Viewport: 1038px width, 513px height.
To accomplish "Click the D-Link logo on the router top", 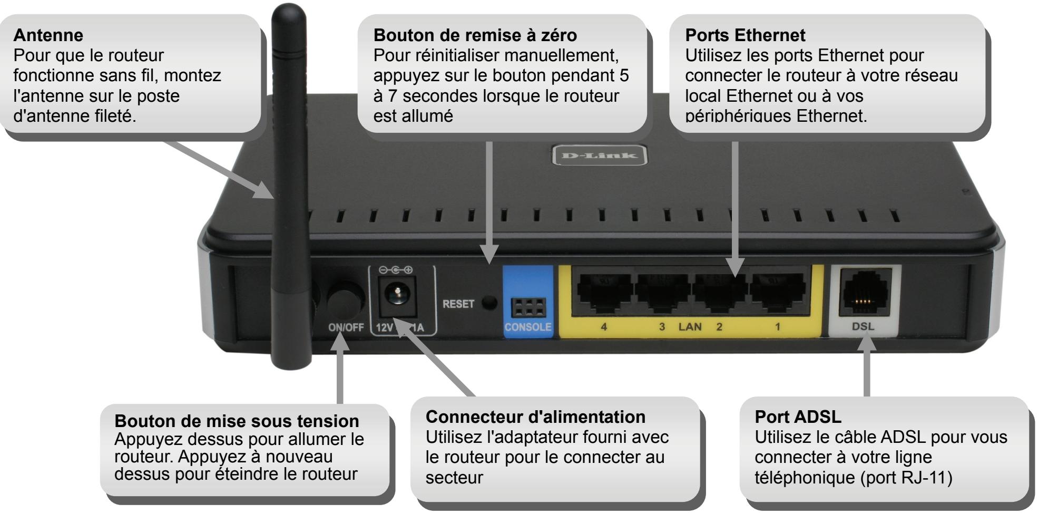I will pyautogui.click(x=599, y=156).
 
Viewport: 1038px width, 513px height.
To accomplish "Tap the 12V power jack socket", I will pyautogui.click(x=396, y=293).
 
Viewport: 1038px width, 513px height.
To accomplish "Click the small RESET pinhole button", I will pyautogui.click(x=490, y=303).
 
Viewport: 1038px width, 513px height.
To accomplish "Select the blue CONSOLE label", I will pyautogui.click(x=527, y=327).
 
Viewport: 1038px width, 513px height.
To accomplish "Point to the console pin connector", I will pyautogui.click(x=528, y=307).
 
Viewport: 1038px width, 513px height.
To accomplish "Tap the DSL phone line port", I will pyautogui.click(x=864, y=293).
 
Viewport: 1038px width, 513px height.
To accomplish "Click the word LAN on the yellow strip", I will pyautogui.click(x=690, y=327).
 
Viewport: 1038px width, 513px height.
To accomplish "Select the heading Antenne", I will pyautogui.click(x=48, y=35).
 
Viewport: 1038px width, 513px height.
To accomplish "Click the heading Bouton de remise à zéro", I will pyautogui.click(x=475, y=35).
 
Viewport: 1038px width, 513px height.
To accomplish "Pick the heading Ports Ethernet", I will pyautogui.click(x=745, y=35).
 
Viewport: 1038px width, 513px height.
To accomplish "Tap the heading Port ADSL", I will pyautogui.click(x=798, y=417).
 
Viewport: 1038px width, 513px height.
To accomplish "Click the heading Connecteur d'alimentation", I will pyautogui.click(x=535, y=417).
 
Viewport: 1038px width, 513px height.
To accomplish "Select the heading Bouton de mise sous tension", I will pyautogui.click(x=237, y=421).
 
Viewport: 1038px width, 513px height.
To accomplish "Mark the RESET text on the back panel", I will pyautogui.click(x=458, y=304).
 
